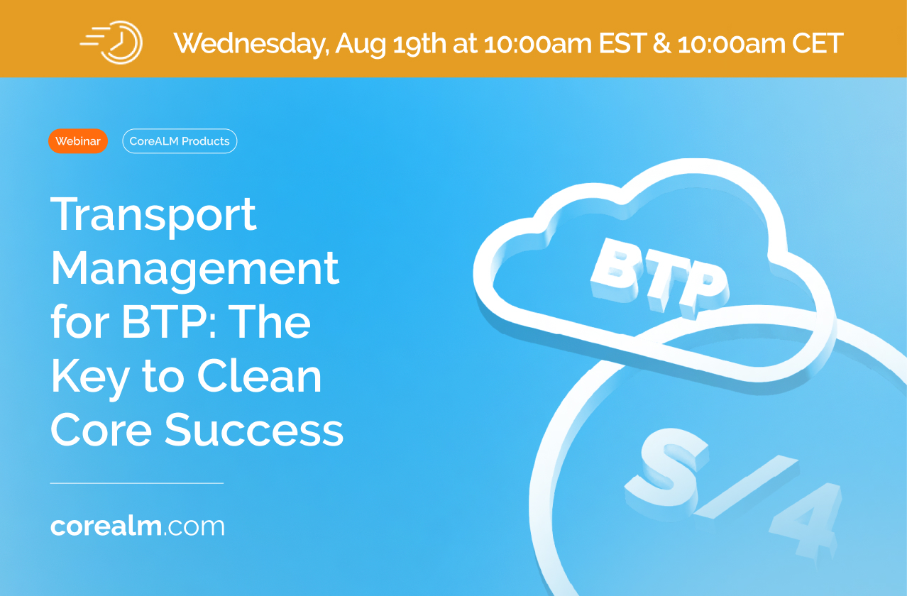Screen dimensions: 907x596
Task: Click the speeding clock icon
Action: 111,43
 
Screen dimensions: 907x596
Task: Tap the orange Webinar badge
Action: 78,141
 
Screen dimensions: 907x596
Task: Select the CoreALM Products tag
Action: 180,141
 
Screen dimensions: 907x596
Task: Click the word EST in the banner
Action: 622,43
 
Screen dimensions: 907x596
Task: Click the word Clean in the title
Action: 259,376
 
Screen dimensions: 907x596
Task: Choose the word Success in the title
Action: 254,430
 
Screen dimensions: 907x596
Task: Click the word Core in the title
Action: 101,430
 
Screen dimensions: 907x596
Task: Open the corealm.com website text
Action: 137,526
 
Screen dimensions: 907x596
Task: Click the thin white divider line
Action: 137,483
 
